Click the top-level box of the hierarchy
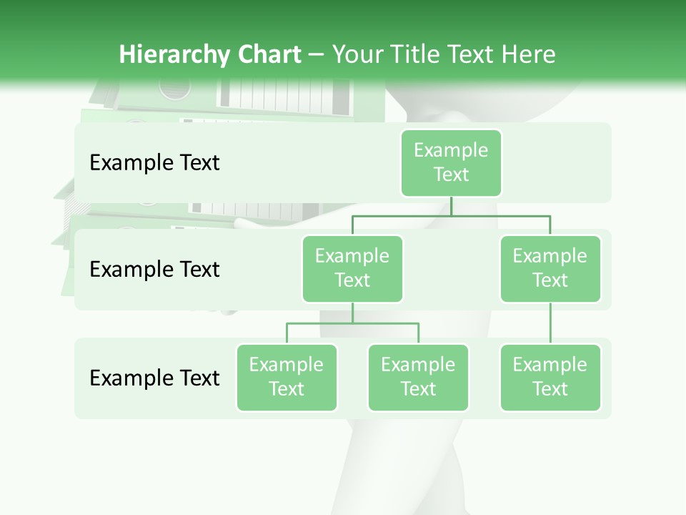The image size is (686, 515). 451,163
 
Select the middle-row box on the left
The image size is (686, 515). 352,269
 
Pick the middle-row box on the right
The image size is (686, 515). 550,269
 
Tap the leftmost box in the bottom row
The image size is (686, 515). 287,378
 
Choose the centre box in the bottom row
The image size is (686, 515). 418,378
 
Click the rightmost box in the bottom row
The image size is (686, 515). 550,378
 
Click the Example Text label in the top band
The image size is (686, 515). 154,163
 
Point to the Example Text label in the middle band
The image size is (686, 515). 154,270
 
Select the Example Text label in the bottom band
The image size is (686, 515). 154,378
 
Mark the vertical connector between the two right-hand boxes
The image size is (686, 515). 550,323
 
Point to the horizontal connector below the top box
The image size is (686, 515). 451,215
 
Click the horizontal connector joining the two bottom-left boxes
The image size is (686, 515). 352,323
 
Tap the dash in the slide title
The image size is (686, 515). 317,55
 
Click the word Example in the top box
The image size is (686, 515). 451,150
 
